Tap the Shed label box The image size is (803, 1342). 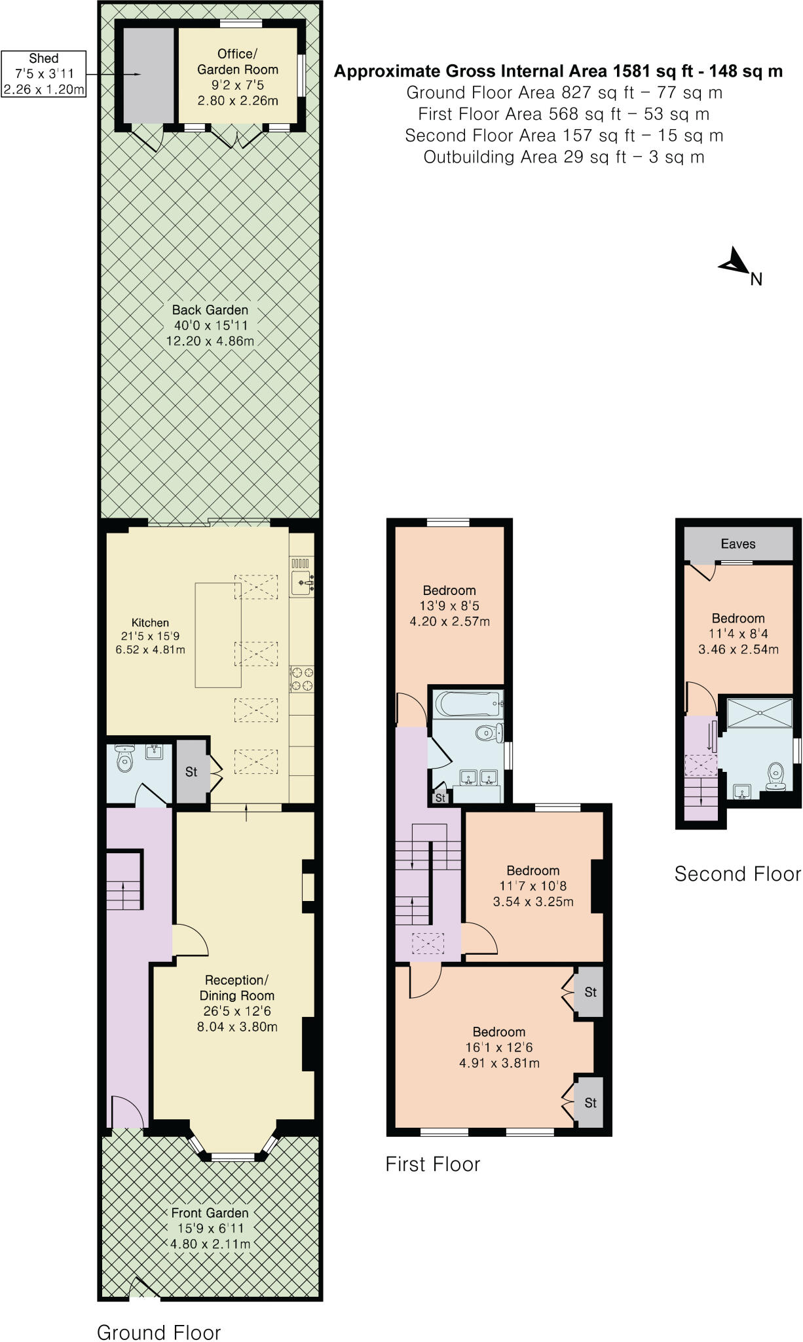44,74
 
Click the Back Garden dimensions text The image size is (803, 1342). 210,333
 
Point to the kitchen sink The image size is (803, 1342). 302,581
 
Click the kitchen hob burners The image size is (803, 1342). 302,678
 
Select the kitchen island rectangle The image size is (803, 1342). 218,634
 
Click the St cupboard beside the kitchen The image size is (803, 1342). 191,772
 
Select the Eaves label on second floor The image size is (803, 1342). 738,544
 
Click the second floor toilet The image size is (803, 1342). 776,774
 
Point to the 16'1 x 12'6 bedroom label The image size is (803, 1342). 499,1047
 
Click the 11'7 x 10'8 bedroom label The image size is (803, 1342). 533,886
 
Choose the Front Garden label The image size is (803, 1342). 210,1228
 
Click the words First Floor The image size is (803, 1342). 433,1164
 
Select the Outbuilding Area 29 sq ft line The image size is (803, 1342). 563,157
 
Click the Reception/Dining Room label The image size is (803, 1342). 237,1003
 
